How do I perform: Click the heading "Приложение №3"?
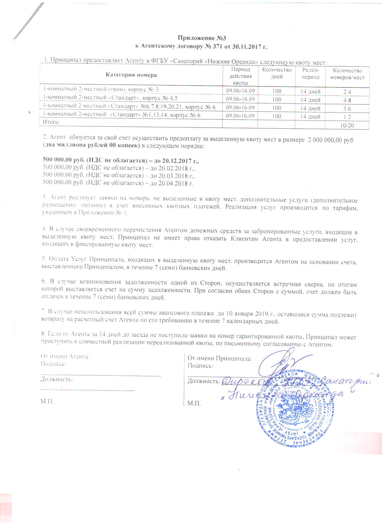pyautogui.click(x=201, y=38)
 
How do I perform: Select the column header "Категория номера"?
pyautogui.click(x=131, y=75)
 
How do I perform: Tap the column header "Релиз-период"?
pyautogui.click(x=310, y=74)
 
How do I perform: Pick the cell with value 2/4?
pyautogui.click(x=347, y=92)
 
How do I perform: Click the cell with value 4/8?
pyautogui.click(x=347, y=100)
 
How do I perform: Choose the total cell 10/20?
pyautogui.click(x=347, y=125)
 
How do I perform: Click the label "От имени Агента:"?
pyautogui.click(x=65, y=356)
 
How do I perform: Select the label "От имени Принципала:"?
pyautogui.click(x=220, y=358)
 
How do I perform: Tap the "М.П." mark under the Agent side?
pyautogui.click(x=47, y=401)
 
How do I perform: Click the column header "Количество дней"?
pyautogui.click(x=277, y=73)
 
